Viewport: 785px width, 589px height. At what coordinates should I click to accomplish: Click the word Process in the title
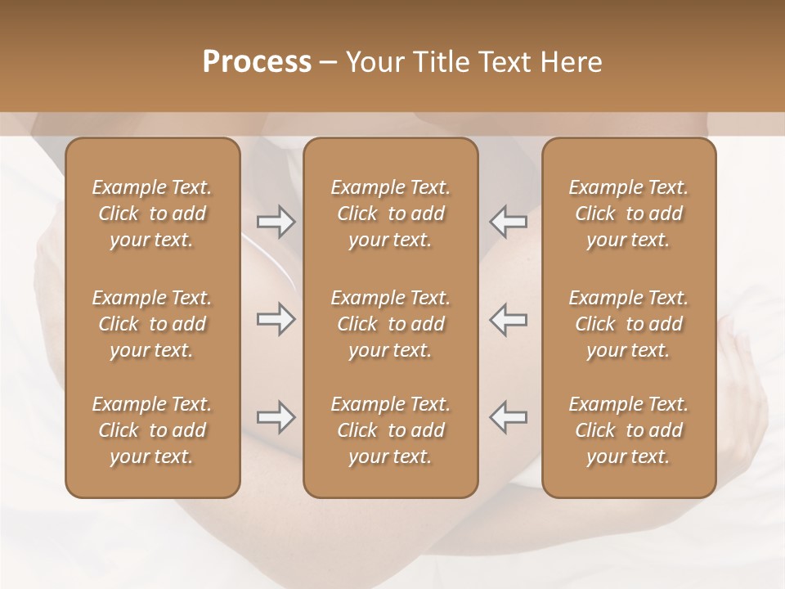click(x=257, y=62)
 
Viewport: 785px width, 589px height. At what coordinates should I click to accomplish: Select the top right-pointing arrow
click(x=276, y=222)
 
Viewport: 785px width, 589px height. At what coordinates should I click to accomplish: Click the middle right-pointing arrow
click(x=276, y=319)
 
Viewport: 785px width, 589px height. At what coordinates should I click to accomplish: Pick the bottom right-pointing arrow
click(x=276, y=417)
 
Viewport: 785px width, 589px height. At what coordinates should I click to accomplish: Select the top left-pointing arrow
click(x=508, y=222)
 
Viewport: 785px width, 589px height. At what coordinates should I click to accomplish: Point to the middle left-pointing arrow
click(x=508, y=319)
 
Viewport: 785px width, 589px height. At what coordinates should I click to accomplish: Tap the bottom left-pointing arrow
click(x=508, y=417)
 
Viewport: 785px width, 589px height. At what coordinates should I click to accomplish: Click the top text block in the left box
click(x=152, y=214)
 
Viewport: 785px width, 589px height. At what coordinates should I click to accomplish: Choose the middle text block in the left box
click(x=152, y=324)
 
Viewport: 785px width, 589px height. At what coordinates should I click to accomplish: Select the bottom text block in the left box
click(x=152, y=430)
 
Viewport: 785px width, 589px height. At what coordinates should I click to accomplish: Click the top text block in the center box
click(x=390, y=214)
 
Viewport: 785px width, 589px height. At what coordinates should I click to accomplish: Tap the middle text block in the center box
click(x=390, y=324)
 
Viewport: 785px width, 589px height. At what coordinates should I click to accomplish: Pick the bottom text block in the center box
click(x=390, y=430)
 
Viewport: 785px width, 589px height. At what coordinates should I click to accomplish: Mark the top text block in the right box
click(x=628, y=214)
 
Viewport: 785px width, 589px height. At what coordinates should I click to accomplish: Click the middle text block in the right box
click(x=628, y=324)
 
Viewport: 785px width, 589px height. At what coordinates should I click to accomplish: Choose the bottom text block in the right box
click(x=628, y=430)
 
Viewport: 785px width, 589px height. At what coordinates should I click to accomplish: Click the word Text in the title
click(x=504, y=62)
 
